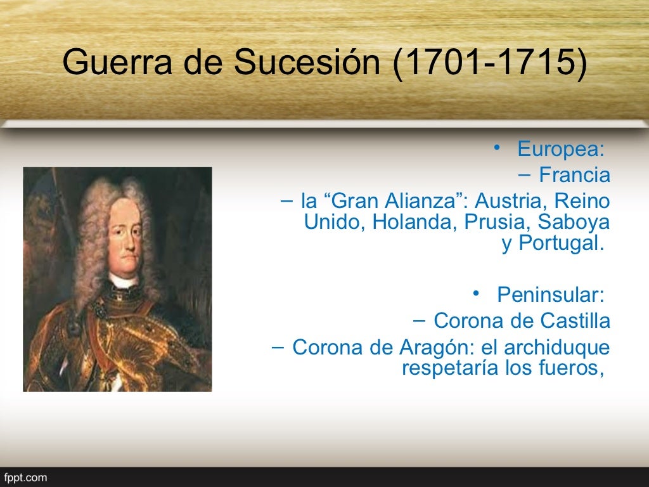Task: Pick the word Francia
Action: (574, 176)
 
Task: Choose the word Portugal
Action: (558, 243)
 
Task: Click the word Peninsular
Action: (549, 295)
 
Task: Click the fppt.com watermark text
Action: (26, 477)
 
